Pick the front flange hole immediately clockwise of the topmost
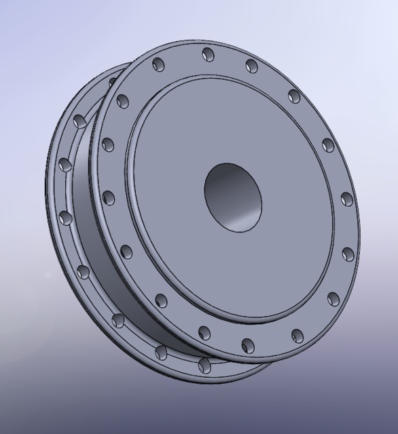pos(252,65)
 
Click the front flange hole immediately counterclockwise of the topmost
pos(159,65)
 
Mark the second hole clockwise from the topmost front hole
pos(294,96)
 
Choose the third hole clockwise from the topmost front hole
pos(328,144)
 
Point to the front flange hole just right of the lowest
pos(297,334)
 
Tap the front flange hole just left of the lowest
pos(204,332)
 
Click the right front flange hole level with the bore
pos(346,199)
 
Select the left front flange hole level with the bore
pos(108,198)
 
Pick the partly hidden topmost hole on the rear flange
pos(113,81)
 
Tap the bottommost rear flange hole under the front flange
pos(203,364)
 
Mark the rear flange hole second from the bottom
pos(161,351)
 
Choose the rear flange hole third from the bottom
pos(117,319)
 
